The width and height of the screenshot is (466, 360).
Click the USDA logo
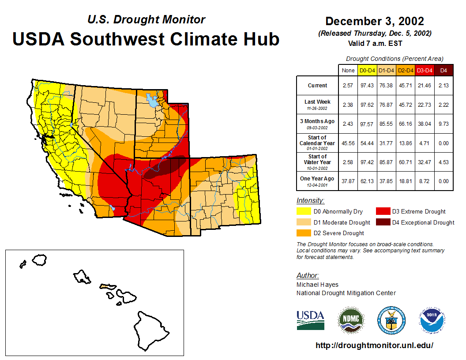click(x=310, y=320)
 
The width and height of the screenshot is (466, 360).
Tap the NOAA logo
click(x=432, y=321)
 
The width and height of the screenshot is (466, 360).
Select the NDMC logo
click(x=351, y=321)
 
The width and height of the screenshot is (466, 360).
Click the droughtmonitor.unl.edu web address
click(x=374, y=345)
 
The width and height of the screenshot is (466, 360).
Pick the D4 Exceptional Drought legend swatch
click(x=383, y=222)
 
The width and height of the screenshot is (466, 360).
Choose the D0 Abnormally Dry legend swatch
click(x=304, y=212)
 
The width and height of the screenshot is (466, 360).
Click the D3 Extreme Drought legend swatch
click(x=383, y=212)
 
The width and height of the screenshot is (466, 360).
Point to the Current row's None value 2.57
click(x=348, y=86)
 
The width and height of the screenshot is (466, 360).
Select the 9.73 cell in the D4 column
click(x=443, y=124)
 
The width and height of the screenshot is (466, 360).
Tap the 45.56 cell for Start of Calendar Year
click(x=348, y=143)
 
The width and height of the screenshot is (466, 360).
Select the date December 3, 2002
click(x=374, y=21)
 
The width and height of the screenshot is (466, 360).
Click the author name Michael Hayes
click(x=317, y=285)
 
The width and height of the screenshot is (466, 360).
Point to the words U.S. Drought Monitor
click(x=146, y=19)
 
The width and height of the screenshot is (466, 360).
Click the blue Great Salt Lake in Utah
click(x=152, y=101)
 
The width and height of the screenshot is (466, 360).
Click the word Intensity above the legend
click(x=310, y=201)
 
